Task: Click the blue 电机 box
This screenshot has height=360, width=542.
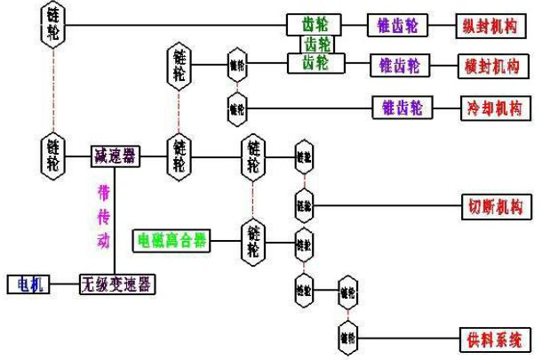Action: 28,284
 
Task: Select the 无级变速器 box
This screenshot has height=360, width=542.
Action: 116,284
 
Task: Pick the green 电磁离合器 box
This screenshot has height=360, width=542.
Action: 172,239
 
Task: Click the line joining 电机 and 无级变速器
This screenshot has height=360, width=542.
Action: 65,284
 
